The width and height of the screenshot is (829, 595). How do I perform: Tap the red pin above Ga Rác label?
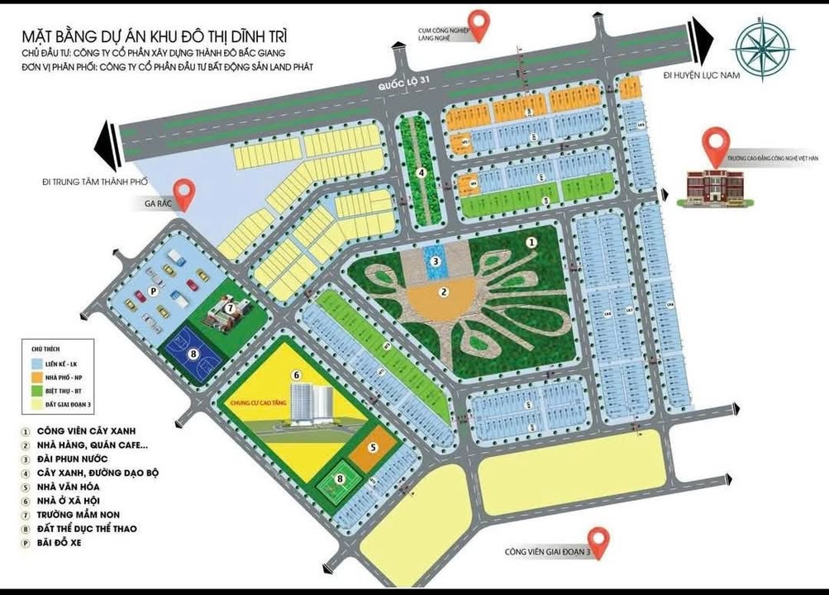tap(184, 193)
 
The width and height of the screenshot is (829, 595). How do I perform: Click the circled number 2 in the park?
tap(444, 291)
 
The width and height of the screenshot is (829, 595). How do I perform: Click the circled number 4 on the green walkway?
tap(422, 173)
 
